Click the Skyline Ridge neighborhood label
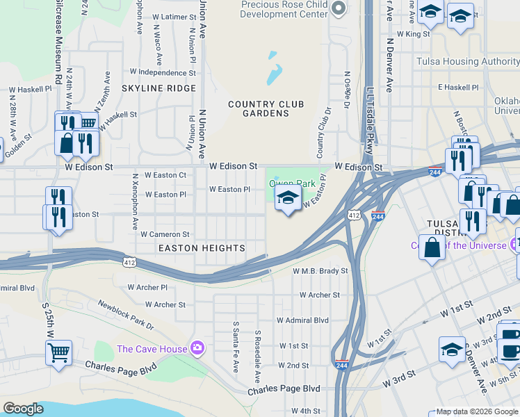(159, 88)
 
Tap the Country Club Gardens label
(266, 108)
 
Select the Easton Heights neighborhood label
(202, 248)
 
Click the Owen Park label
(293, 184)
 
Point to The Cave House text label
(152, 349)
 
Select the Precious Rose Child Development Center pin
(339, 9)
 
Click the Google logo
(23, 409)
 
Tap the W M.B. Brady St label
(320, 271)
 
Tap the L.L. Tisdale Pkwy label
(369, 118)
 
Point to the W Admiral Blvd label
(302, 320)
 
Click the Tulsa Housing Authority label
(467, 62)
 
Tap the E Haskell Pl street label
(458, 88)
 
